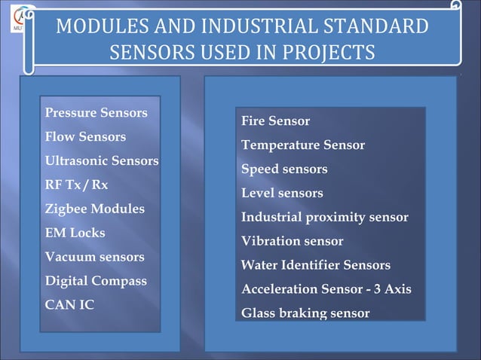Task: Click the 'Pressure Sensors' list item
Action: [x=96, y=113]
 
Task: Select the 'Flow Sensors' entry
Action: [x=85, y=137]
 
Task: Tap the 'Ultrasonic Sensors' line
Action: [x=101, y=161]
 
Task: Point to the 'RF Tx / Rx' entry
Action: [x=76, y=185]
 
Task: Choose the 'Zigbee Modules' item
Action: [x=94, y=209]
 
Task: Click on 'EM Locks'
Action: [x=75, y=233]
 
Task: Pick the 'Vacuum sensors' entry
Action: [x=94, y=257]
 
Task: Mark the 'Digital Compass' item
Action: [x=96, y=281]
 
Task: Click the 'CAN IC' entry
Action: [x=69, y=305]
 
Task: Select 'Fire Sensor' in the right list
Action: [x=275, y=121]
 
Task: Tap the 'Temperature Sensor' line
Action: [x=302, y=145]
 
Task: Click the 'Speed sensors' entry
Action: [x=283, y=169]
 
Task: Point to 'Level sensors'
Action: [x=281, y=194]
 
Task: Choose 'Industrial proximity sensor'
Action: [x=324, y=218]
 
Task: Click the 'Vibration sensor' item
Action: [x=292, y=242]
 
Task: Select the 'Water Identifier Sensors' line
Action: [x=315, y=266]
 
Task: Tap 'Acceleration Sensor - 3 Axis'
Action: [x=326, y=290]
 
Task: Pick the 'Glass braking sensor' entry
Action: [x=305, y=313]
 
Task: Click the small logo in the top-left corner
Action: [x=18, y=18]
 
